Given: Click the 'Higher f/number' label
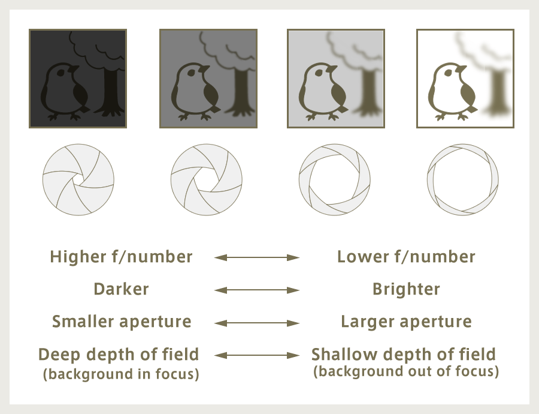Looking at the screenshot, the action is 121,257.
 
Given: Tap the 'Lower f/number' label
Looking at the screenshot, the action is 406,257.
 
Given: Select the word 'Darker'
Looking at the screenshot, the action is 121,289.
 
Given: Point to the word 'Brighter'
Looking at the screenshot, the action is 406,289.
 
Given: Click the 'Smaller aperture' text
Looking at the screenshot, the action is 122,322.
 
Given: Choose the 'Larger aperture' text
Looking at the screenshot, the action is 406,322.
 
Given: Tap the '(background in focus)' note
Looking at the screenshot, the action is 121,374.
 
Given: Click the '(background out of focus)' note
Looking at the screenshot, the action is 406,371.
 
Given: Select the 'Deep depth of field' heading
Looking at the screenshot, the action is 119,355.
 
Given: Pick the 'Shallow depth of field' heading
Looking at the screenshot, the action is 404,355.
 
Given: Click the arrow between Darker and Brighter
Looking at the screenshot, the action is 257,290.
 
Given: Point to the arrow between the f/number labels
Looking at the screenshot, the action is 257,257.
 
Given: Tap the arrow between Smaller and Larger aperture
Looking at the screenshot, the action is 257,323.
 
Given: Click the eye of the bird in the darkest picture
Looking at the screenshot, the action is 61,73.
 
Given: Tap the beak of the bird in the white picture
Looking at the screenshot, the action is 461,69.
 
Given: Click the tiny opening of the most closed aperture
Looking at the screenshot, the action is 78,180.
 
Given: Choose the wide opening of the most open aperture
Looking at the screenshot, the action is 463,180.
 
